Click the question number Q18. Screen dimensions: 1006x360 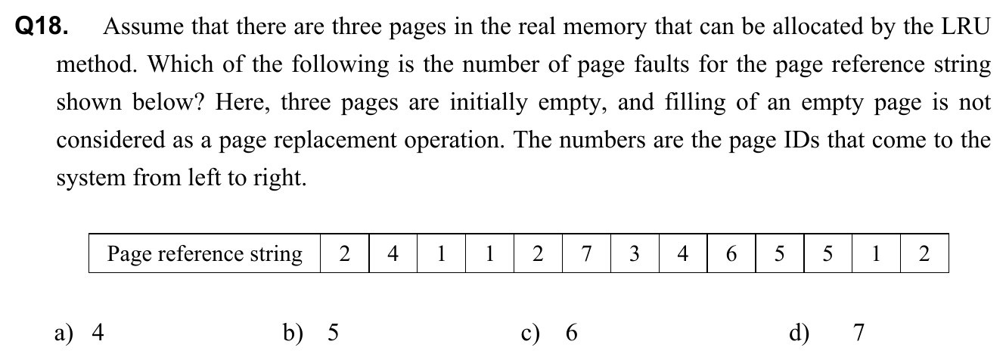point(42,26)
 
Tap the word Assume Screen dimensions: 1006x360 point(143,26)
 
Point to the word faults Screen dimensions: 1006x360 point(662,64)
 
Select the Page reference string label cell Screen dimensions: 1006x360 point(205,253)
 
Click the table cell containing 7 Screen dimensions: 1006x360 point(586,253)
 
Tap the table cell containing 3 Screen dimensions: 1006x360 point(635,253)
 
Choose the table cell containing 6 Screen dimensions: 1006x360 point(731,253)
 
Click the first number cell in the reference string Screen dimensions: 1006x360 point(344,253)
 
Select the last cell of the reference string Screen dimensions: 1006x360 point(924,253)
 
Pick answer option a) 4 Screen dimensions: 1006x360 point(79,333)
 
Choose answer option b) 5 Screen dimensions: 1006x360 point(311,333)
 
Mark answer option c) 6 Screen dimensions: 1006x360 point(549,333)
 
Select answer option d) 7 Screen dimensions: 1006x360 point(827,333)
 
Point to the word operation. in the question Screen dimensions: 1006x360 point(455,141)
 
